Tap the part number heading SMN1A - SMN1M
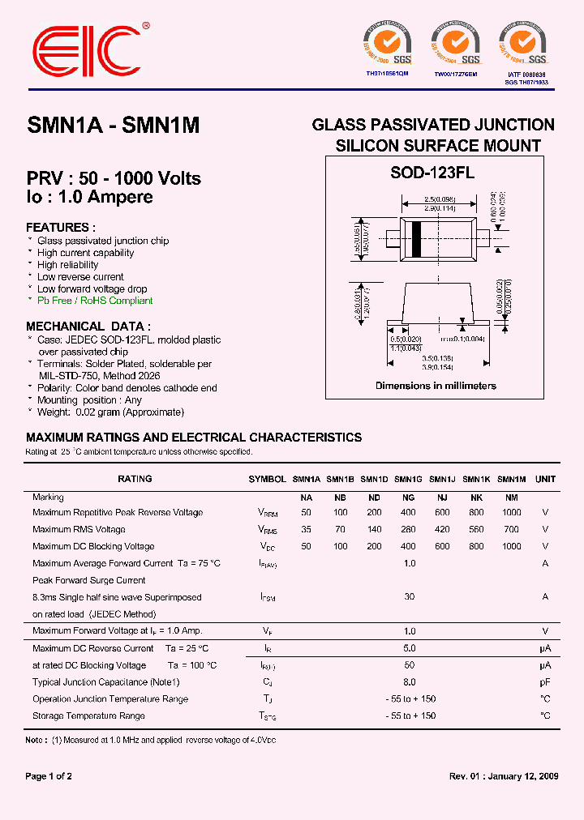point(114,126)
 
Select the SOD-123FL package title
point(432,173)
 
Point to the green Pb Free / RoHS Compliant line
point(95,301)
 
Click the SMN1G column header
point(408,479)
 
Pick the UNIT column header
point(546,479)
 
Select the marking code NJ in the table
point(442,498)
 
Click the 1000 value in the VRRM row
point(511,513)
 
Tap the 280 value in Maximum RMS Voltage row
point(408,530)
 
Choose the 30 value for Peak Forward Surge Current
point(409,597)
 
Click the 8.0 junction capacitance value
point(409,682)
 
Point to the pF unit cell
point(545,682)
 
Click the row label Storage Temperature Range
point(89,716)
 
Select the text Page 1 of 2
point(49,776)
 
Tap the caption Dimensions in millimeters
point(436,386)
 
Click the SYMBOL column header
point(267,479)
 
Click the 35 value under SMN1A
point(306,530)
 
